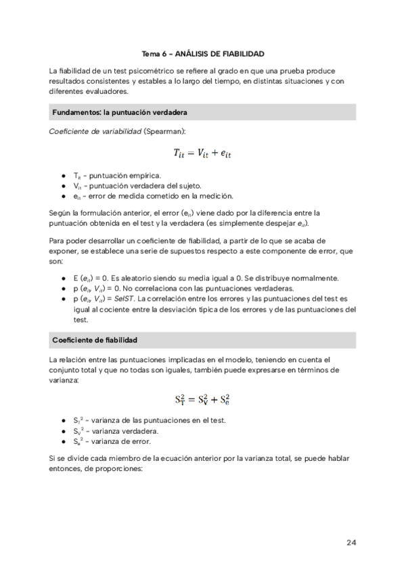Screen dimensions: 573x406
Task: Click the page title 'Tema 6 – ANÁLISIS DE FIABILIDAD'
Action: pos(202,53)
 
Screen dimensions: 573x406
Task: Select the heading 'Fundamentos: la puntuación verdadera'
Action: pos(120,111)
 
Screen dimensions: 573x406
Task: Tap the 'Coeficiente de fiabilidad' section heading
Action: pos(95,339)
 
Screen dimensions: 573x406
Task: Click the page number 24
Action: pos(351,543)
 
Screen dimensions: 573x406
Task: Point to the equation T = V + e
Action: pos(202,154)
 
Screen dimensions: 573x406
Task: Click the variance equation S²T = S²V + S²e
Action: pos(202,399)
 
